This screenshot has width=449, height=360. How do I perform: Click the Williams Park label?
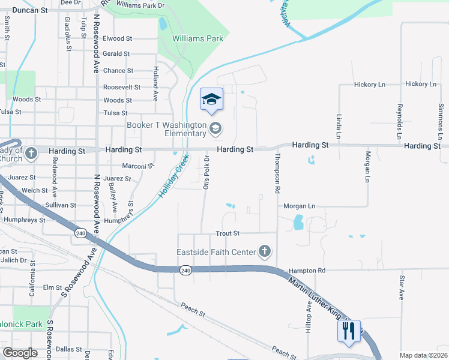pyautogui.click(x=197, y=39)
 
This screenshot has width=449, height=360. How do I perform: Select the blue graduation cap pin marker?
pyautogui.click(x=211, y=100)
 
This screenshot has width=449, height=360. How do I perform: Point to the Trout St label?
pyautogui.click(x=228, y=233)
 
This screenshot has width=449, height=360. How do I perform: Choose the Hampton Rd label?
pyautogui.click(x=306, y=271)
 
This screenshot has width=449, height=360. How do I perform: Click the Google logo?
pyautogui.click(x=20, y=353)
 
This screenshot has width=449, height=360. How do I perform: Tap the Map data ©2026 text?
pyautogui.click(x=423, y=355)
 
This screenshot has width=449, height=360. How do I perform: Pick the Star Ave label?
pyautogui.click(x=402, y=287)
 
